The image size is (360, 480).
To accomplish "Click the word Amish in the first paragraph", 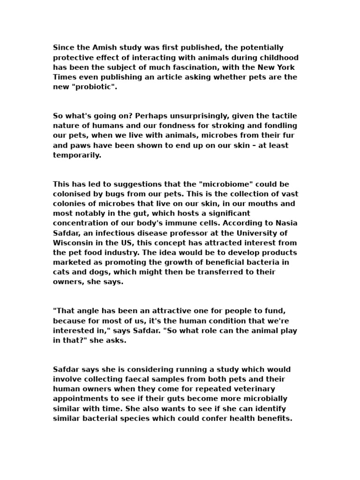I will pos(101,47).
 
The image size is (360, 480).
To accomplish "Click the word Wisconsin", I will pos(73,243).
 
